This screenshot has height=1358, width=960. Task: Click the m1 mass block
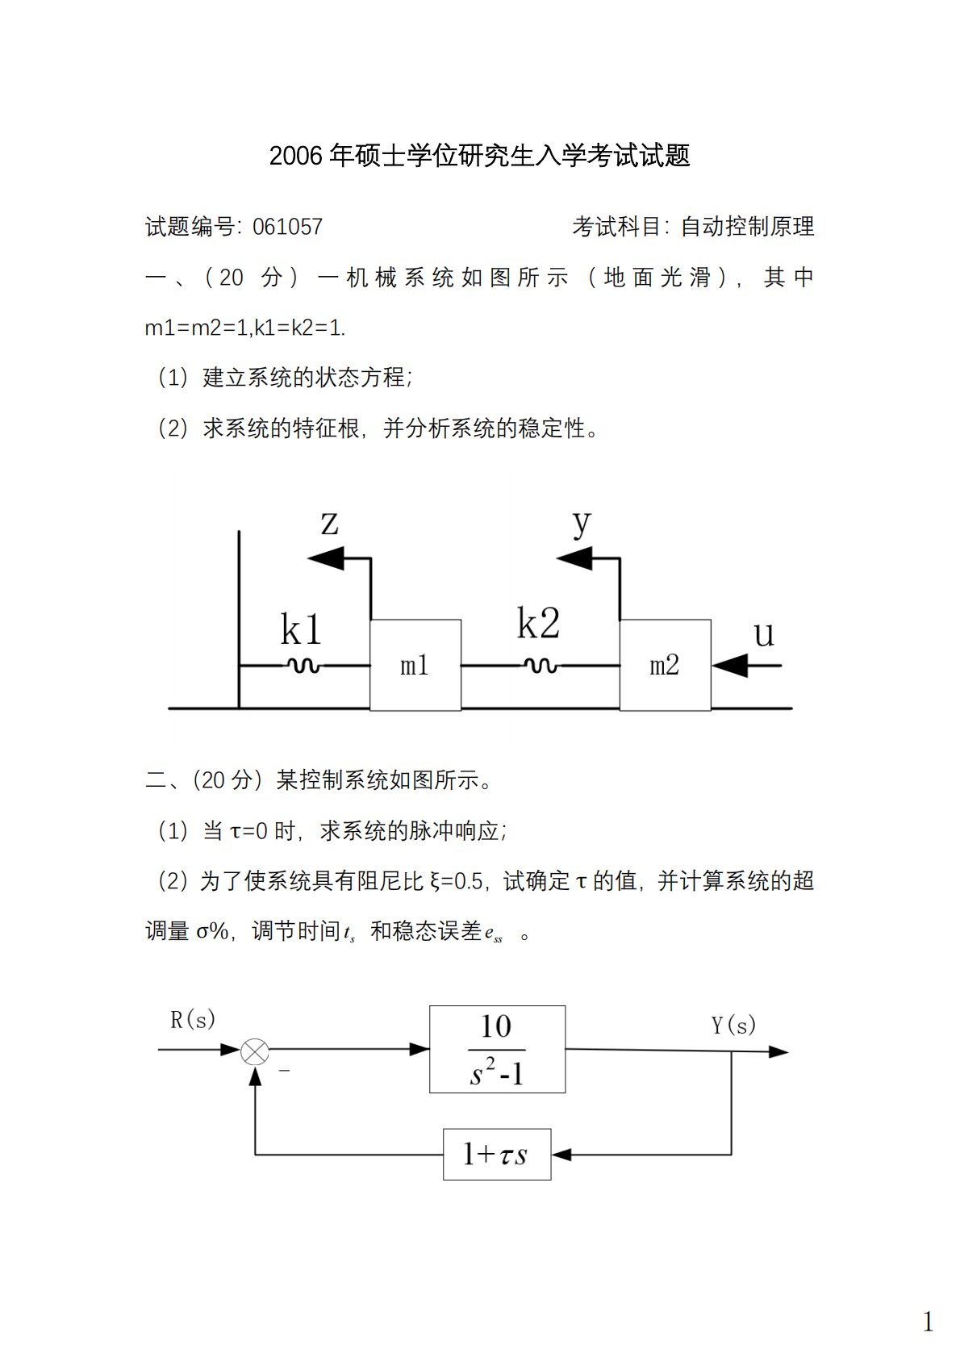(x=415, y=665)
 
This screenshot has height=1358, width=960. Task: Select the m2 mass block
(x=665, y=665)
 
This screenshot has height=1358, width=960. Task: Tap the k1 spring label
(x=301, y=630)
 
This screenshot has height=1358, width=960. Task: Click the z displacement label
(x=329, y=523)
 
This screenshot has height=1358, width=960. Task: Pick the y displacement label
(x=582, y=523)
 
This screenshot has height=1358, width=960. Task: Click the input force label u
(x=763, y=634)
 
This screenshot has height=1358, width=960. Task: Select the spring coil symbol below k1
(x=303, y=666)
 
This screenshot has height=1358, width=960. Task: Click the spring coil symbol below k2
(x=540, y=666)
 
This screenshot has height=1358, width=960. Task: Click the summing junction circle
(x=255, y=1051)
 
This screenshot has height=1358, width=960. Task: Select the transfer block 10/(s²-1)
(x=497, y=1049)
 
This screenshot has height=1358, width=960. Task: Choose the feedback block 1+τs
(x=497, y=1155)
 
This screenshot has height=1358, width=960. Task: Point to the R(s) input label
(x=193, y=1020)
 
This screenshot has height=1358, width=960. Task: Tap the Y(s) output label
(x=733, y=1026)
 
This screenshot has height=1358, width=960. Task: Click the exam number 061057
(x=287, y=227)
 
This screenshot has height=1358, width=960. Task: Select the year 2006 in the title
(x=296, y=156)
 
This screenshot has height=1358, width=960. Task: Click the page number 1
(x=928, y=1322)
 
